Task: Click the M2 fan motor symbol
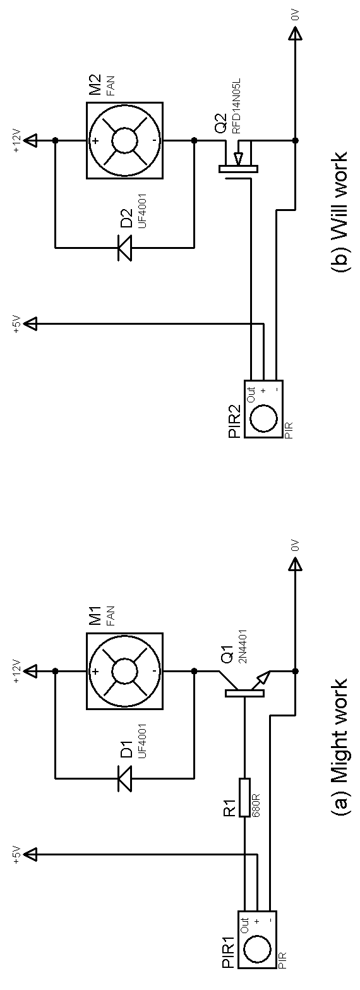(x=124, y=140)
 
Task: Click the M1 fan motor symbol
(x=124, y=671)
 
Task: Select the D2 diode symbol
(x=124, y=246)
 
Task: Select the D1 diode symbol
(x=124, y=777)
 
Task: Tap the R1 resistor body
(x=244, y=797)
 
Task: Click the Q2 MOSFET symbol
(x=237, y=159)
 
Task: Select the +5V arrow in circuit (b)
(x=32, y=324)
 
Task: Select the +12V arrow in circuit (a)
(x=32, y=671)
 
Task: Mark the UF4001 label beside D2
(x=143, y=210)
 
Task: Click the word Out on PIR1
(x=245, y=924)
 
